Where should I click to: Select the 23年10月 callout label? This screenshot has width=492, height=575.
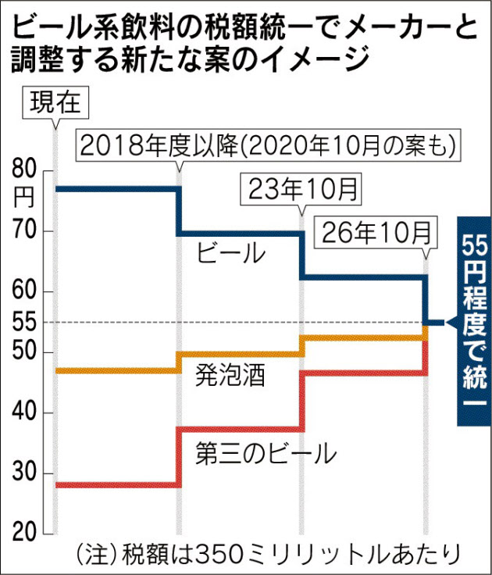pos(301,187)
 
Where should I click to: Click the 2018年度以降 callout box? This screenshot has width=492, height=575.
pos(266,145)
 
